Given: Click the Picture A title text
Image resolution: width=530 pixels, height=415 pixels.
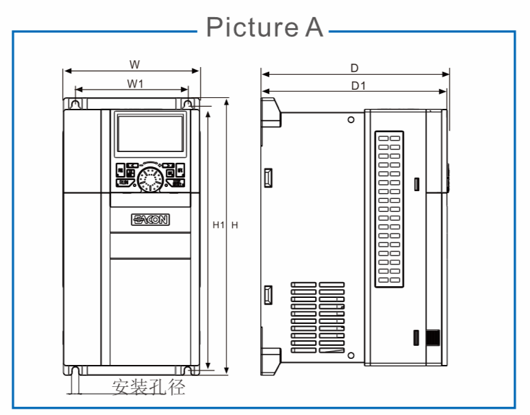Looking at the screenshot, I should tap(264, 27).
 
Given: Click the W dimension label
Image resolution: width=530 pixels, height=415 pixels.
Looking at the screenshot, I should tap(135, 64).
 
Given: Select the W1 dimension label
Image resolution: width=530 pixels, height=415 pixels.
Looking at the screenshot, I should tap(135, 83).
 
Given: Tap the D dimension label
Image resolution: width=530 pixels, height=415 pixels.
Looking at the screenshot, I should tap(355, 68).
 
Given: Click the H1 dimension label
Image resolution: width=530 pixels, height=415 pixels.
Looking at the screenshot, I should tap(218, 225).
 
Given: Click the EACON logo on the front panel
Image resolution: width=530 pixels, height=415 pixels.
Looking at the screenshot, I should tap(151, 219).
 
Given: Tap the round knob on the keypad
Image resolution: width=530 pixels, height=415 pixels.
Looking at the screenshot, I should tap(149, 180).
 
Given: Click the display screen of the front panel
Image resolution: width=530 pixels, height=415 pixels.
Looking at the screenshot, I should tap(150, 134).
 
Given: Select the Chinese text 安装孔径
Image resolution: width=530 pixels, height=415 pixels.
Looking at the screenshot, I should tap(149, 388).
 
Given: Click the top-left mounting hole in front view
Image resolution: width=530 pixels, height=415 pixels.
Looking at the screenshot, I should tap(75, 103).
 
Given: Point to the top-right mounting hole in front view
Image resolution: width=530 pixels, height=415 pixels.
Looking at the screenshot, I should tap(188, 103).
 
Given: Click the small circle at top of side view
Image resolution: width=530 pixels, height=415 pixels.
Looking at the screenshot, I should tap(351, 120).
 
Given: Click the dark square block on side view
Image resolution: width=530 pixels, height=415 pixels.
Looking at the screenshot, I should tap(432, 338).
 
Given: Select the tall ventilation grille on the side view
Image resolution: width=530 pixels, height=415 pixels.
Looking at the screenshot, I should tap(389, 209).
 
